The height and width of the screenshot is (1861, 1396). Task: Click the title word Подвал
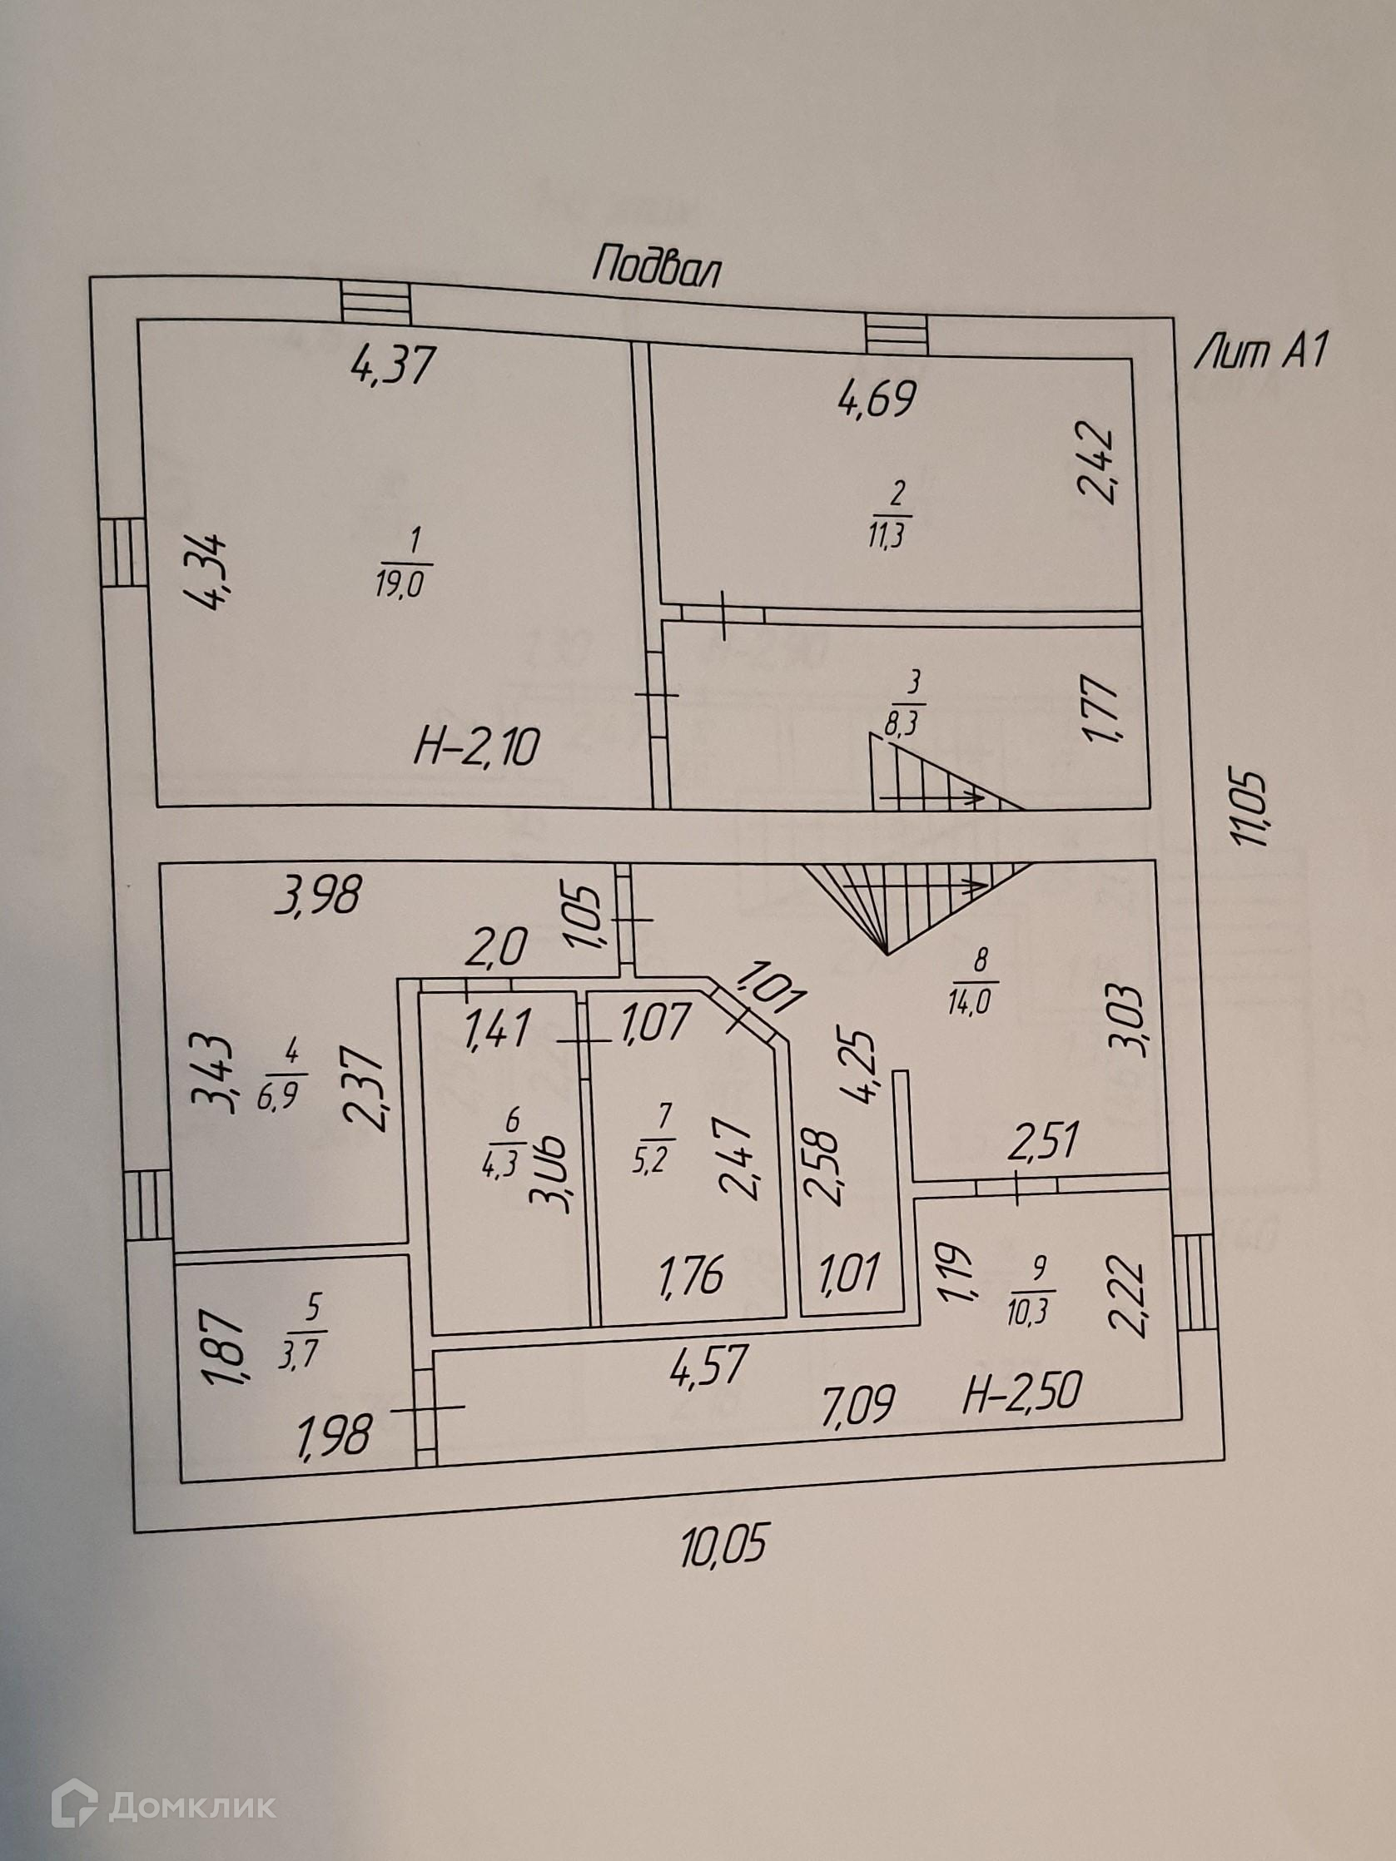tap(656, 266)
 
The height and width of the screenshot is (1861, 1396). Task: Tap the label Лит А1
tap(1259, 353)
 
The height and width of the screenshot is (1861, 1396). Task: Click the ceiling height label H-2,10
tap(475, 747)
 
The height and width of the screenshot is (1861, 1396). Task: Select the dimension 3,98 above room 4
tap(320, 895)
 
